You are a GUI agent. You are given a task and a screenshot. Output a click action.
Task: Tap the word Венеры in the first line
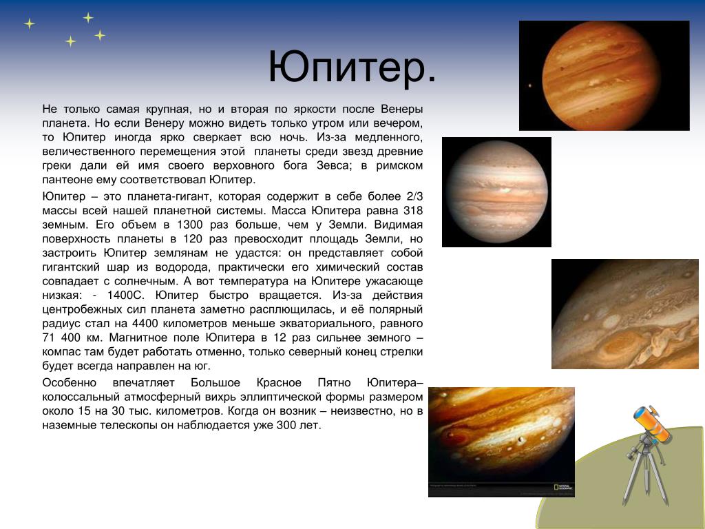coord(401,110)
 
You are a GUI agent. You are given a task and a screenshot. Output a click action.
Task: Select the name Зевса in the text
coord(333,165)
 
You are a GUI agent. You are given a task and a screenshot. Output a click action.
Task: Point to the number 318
coord(413,211)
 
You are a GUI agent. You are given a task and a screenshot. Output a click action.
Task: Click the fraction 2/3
coord(414,196)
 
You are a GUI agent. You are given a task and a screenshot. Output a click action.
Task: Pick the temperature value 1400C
coord(125,295)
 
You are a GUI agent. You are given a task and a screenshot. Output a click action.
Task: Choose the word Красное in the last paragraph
coord(279,383)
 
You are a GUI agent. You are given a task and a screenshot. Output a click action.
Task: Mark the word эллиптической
coord(280,397)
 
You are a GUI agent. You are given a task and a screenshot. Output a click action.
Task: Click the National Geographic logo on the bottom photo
coord(562,487)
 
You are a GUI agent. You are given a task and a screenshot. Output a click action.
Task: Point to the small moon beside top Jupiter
coord(530,85)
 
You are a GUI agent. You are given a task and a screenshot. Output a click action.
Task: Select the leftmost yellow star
coord(29,23)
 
